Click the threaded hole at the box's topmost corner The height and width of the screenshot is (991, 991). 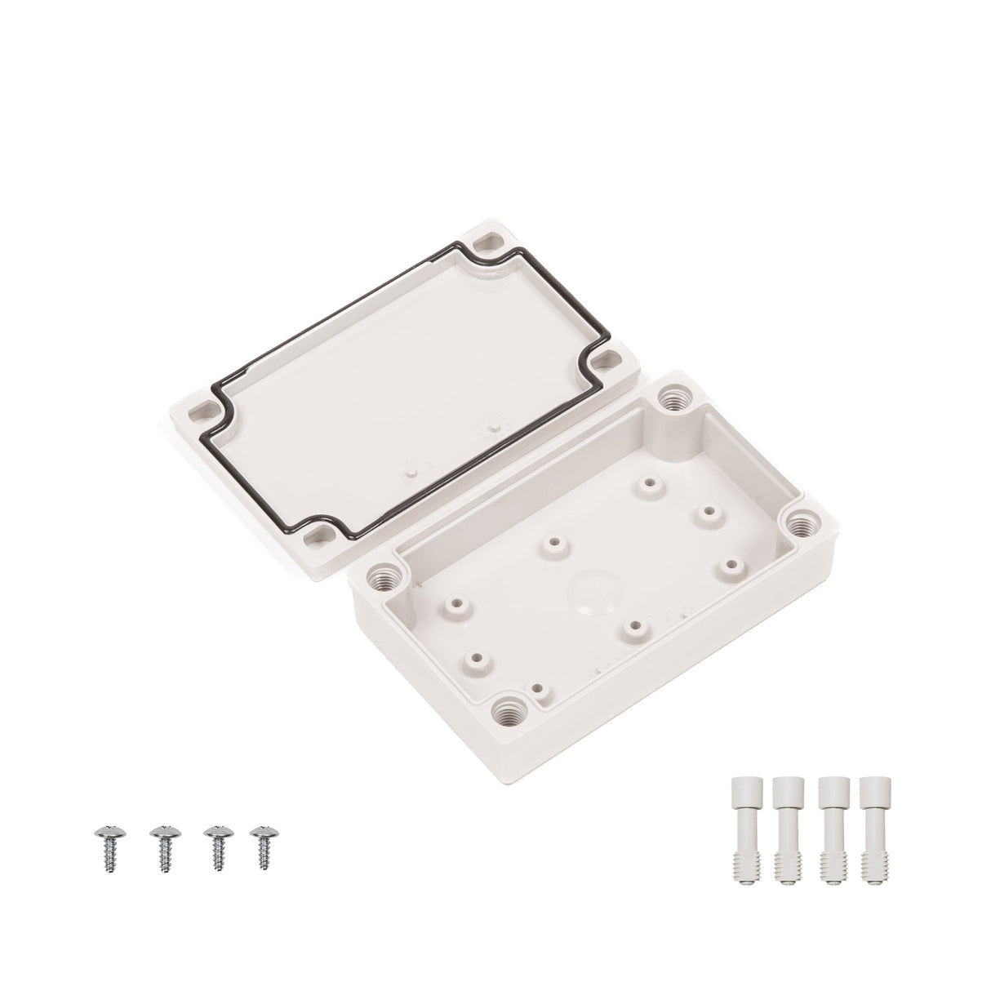click(x=674, y=399)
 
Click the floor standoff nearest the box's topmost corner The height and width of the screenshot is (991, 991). click(x=650, y=484)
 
